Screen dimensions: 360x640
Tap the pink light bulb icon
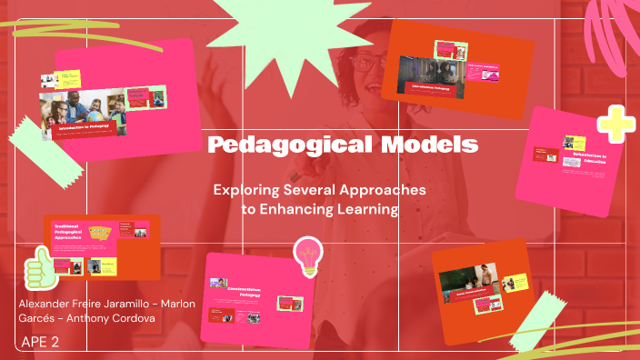pos(309,255)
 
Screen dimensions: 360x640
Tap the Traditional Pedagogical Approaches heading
pos(73,233)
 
